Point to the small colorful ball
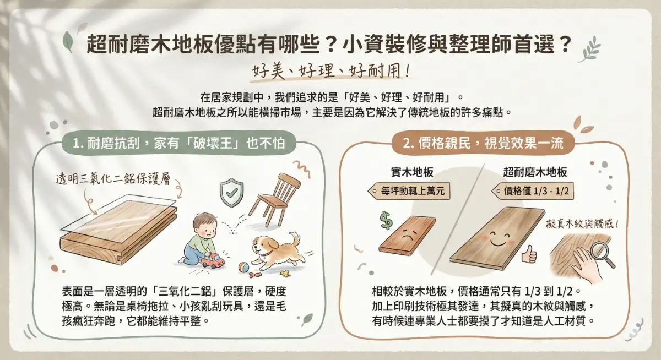(x=243, y=268)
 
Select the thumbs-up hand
(x=529, y=253)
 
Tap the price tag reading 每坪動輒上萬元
(x=408, y=192)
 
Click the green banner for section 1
(x=180, y=144)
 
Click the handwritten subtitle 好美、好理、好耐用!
(x=331, y=71)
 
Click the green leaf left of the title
(x=68, y=41)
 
